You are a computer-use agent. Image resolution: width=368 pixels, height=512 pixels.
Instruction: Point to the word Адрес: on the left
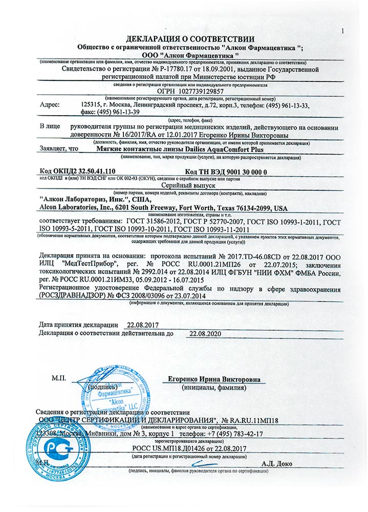50,104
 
